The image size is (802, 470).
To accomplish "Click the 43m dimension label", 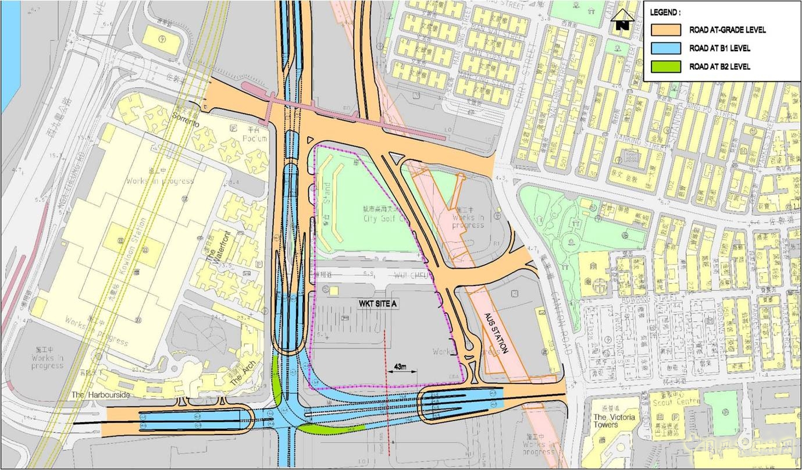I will (400, 366).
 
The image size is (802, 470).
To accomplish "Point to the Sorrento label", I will (186, 123).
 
